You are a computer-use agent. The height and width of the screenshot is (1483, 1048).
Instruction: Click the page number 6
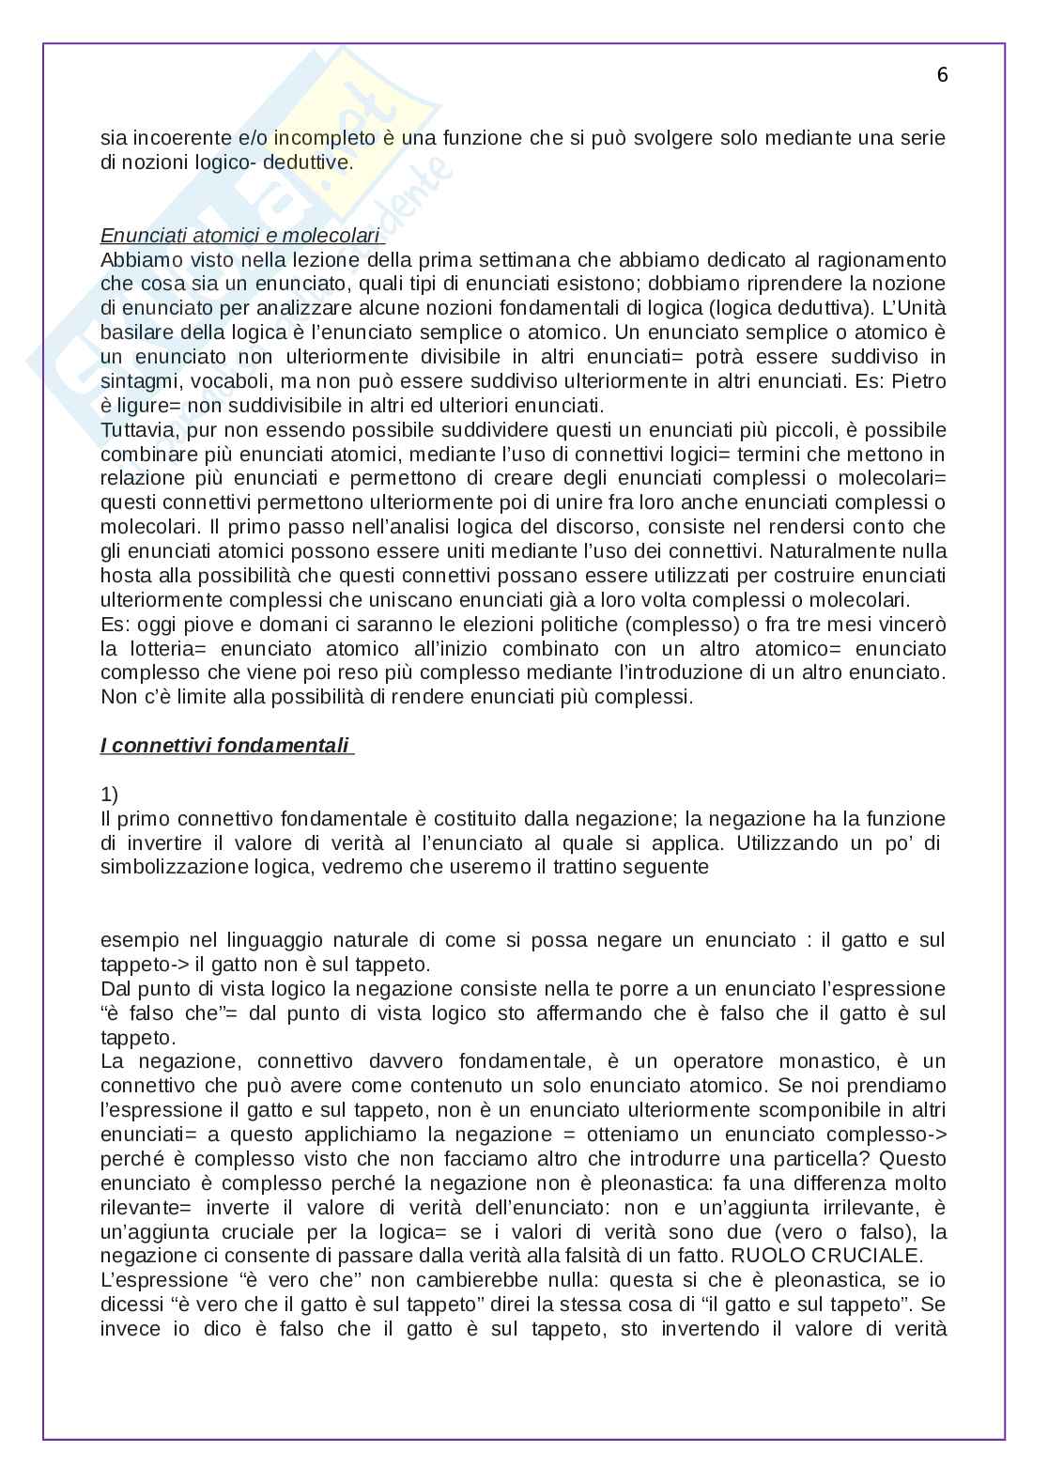pyautogui.click(x=942, y=75)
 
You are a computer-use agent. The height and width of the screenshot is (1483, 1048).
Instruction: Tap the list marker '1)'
pyautogui.click(x=110, y=795)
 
